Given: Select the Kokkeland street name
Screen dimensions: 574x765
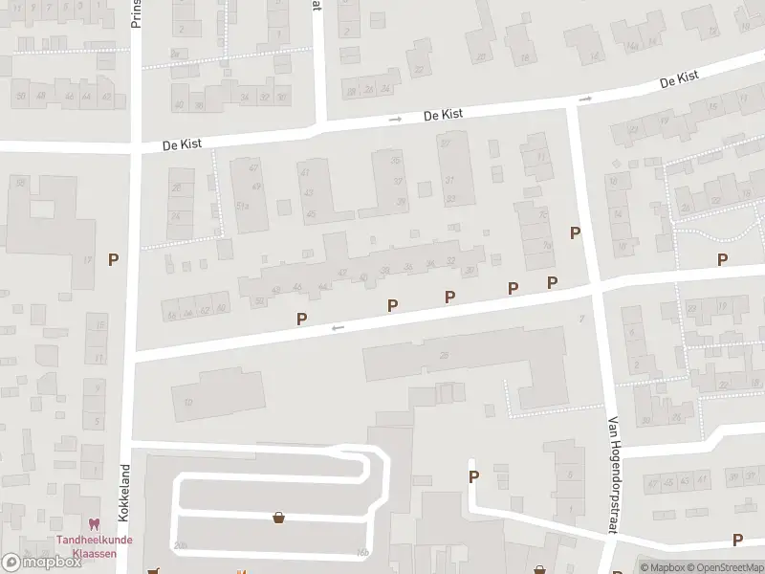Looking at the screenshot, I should pos(123,493).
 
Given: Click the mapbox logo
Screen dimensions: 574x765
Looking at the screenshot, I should pos(41,563).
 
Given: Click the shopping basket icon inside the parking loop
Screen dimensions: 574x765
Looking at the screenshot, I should pos(279,518).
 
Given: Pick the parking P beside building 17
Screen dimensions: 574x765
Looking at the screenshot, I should pos(114,259).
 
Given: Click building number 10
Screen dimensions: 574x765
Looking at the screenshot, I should pos(188,402).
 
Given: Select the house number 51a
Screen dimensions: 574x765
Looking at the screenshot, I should pos(243,206).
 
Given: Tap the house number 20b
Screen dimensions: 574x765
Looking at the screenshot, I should pos(181,545).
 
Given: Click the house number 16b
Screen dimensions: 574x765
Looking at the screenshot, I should pos(361,552).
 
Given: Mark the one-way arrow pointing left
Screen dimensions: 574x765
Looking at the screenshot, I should pos(337,328).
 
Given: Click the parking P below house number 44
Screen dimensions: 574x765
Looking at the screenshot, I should pos(302,319).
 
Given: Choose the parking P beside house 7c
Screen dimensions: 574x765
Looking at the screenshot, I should pos(575,232).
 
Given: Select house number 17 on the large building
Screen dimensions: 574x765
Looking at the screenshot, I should pos(87,259).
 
